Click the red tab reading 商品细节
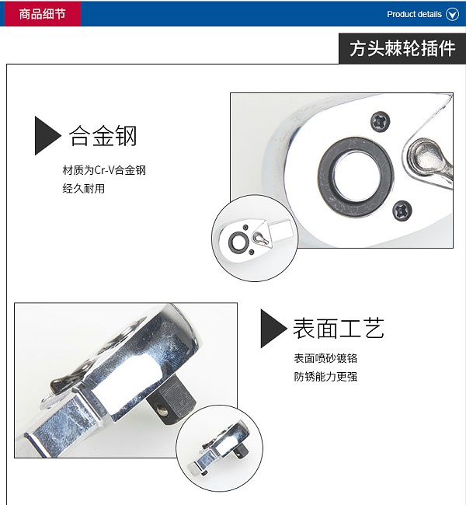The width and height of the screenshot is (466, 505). pos(43,13)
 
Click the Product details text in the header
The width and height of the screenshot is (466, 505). pos(414,14)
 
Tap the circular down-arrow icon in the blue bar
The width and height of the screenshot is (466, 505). pos(452,14)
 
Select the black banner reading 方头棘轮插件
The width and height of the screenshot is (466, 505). pos(402,49)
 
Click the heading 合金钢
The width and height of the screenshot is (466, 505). pos(103,136)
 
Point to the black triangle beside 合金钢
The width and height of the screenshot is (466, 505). pos(47,136)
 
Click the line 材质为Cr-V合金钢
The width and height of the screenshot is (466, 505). pos(104,169)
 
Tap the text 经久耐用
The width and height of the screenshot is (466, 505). pos(83,189)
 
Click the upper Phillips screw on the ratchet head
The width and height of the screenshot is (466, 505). pos(380,121)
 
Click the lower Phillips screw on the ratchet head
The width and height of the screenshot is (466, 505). pos(402,211)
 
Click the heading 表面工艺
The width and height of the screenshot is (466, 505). pos(339,328)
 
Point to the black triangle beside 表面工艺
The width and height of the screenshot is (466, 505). pos(273,329)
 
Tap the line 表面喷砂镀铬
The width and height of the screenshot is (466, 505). pos(325,358)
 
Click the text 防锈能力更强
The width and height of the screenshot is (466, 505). pos(325,377)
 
